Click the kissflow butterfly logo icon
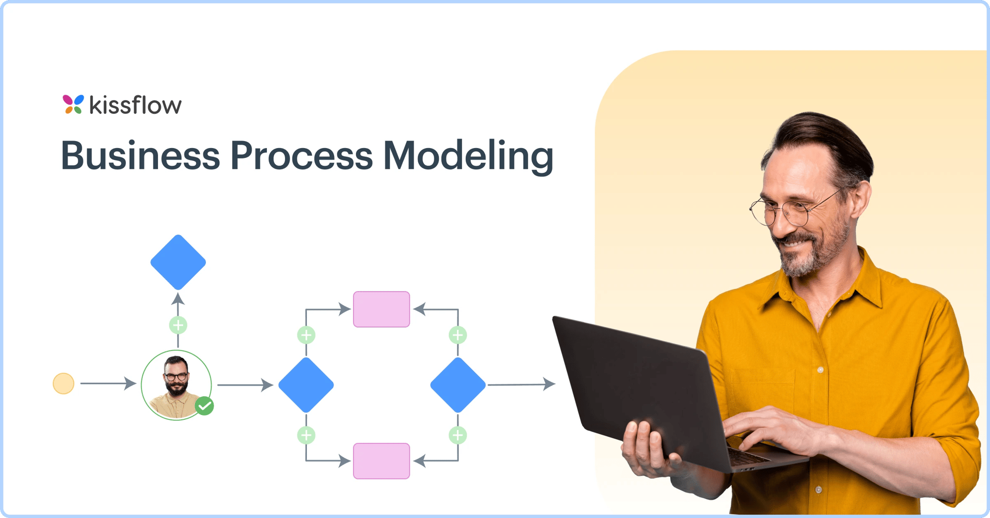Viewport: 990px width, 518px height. [x=73, y=104]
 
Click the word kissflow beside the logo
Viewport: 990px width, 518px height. [x=135, y=105]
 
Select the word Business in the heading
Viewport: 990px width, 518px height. [x=140, y=155]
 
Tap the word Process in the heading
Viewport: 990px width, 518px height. [x=301, y=155]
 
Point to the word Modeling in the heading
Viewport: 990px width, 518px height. [x=468, y=156]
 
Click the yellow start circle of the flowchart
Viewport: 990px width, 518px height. [x=63, y=383]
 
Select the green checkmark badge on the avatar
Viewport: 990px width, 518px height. [x=204, y=406]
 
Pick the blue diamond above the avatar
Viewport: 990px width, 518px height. [x=178, y=262]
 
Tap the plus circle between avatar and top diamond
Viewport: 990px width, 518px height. [x=178, y=325]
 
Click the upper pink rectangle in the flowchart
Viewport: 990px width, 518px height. [x=381, y=310]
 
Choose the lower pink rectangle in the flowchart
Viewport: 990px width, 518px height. [x=381, y=461]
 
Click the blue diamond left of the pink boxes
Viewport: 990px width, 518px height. [x=306, y=385]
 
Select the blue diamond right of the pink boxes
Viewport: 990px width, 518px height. [x=458, y=385]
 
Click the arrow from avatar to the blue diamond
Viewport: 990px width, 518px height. [x=245, y=385]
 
